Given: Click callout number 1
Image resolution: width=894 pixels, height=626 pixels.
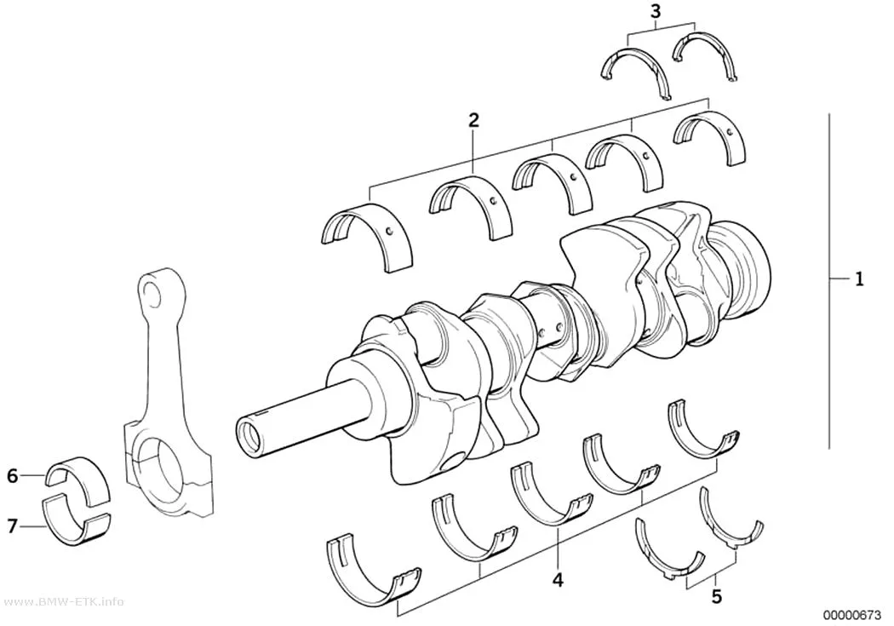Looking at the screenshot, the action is point(858,279).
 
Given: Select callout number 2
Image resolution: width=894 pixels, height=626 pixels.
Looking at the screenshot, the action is point(473,120).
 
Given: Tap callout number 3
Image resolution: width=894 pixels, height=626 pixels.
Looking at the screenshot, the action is point(656,11).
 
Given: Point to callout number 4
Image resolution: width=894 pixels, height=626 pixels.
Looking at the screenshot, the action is point(558,580).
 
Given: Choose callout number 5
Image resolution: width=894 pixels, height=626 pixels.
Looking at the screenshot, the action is point(717,597).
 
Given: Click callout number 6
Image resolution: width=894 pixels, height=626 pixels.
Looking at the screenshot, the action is point(13,475).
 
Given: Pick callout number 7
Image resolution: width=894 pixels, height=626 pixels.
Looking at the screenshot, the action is point(13,525).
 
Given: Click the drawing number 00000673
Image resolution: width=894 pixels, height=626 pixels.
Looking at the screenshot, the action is point(852,615).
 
